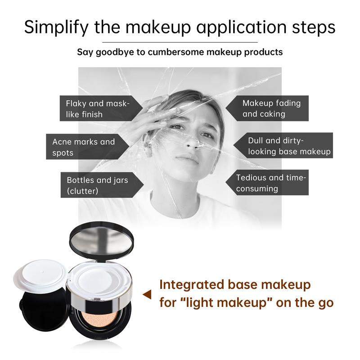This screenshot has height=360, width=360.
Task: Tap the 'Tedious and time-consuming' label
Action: pyautogui.click(x=271, y=183)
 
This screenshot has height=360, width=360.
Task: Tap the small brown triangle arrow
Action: pyautogui.click(x=147, y=295)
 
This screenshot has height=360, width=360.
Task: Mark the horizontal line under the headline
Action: pyautogui.click(x=180, y=42)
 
